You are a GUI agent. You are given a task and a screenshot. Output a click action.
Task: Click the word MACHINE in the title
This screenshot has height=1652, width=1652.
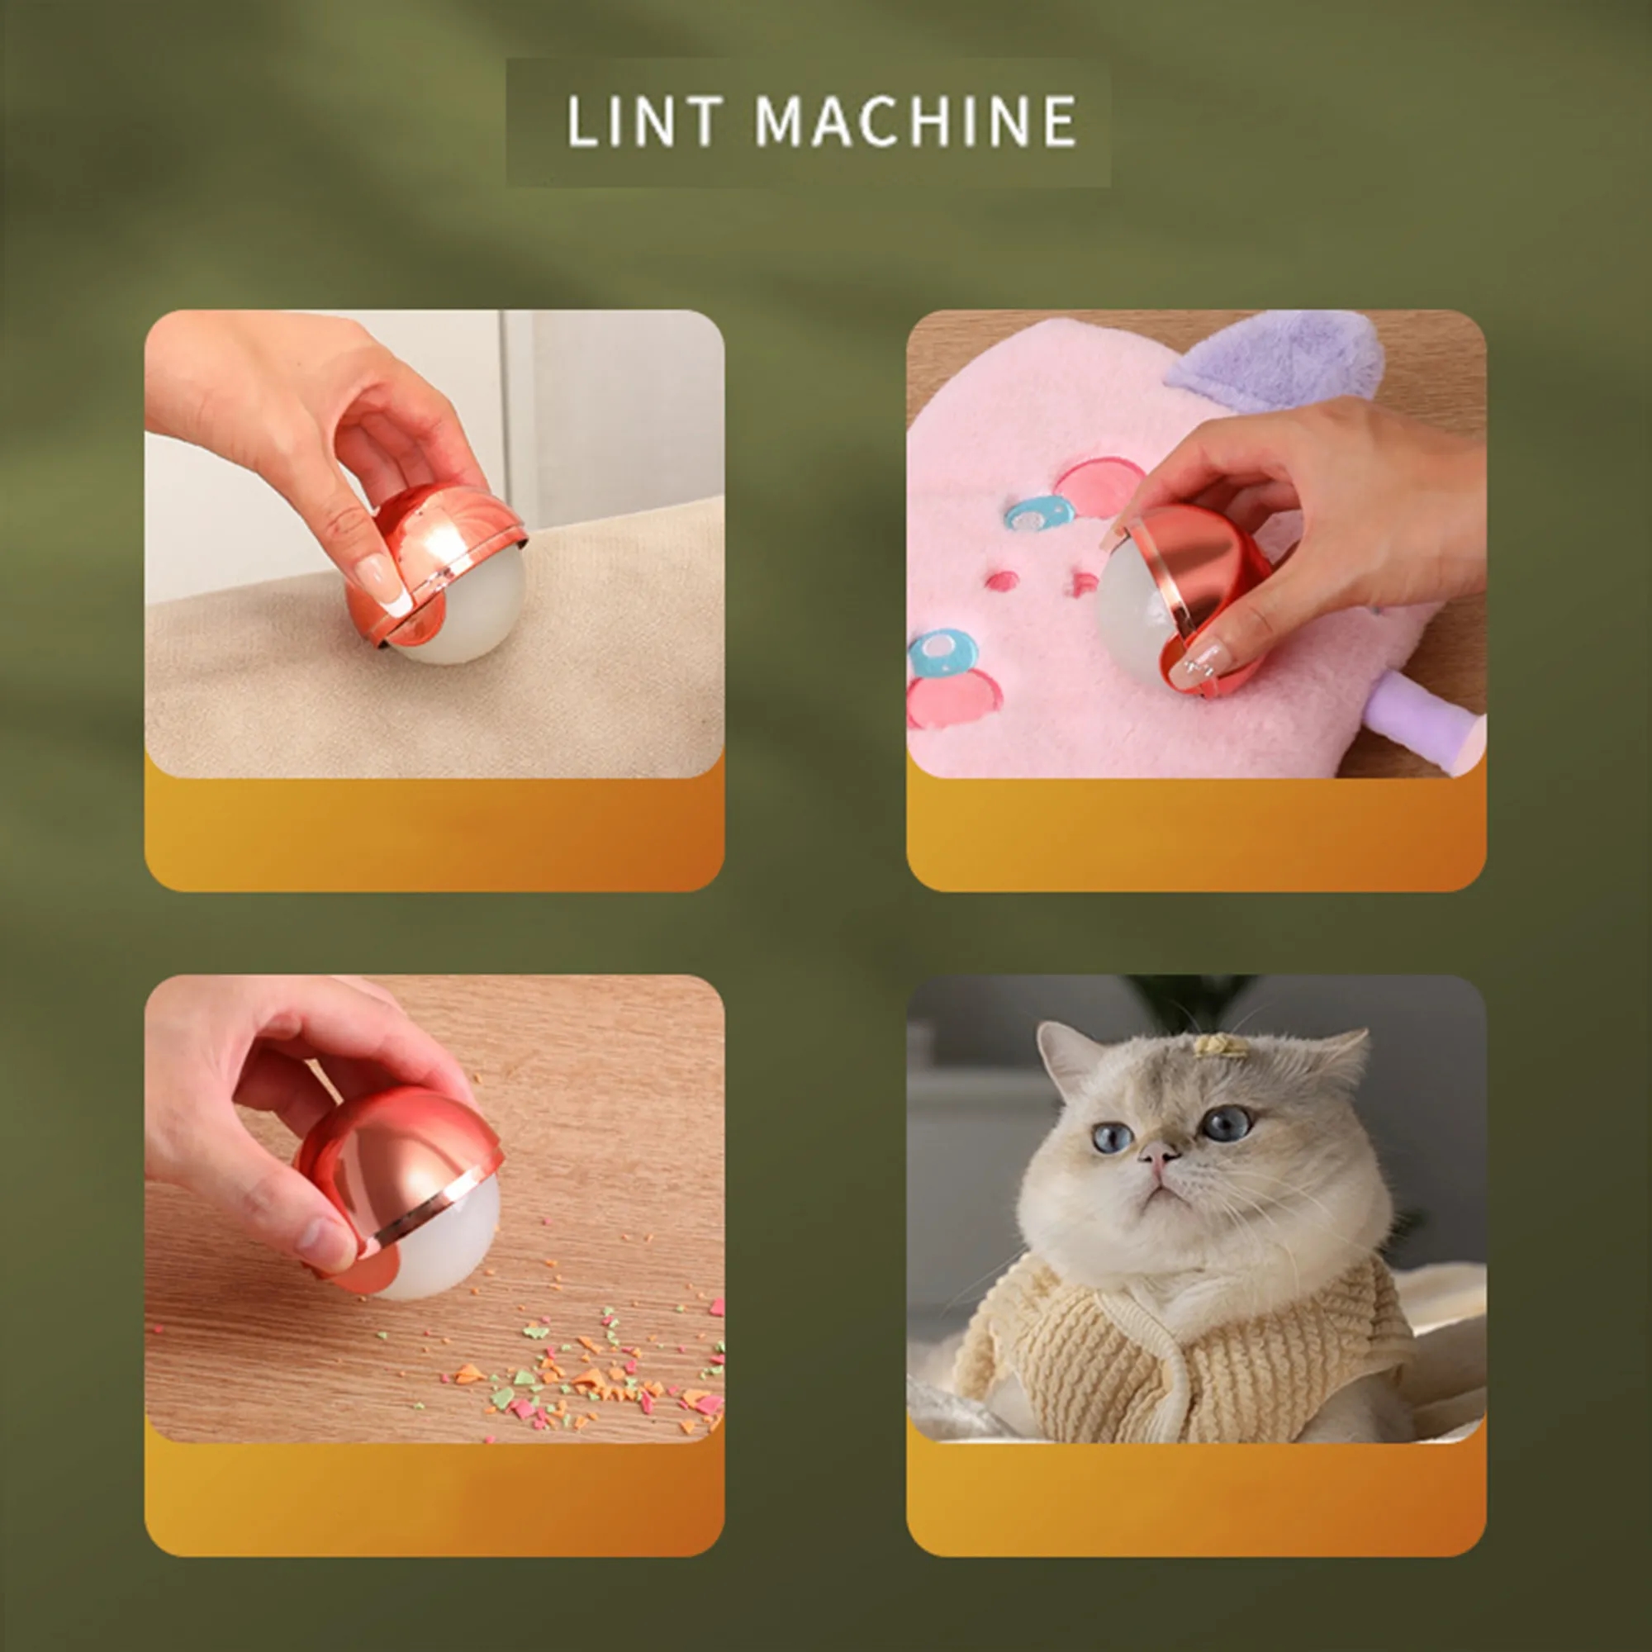(916, 121)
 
